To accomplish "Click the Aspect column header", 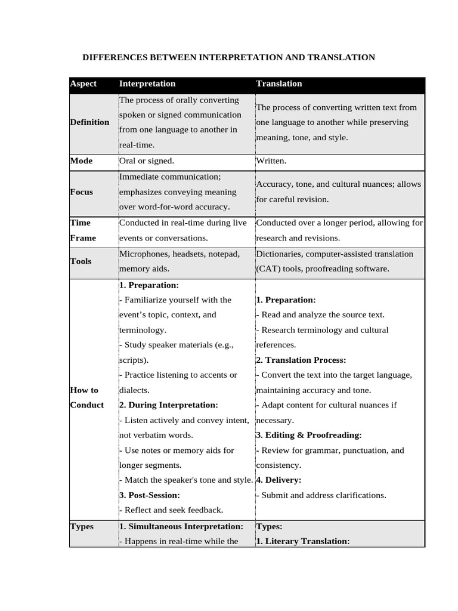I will [83, 84].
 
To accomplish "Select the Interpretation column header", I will [147, 84].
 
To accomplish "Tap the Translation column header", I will [279, 84].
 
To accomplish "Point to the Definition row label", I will [89, 122].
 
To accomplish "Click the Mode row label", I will [81, 161].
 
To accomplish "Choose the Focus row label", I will [82, 192].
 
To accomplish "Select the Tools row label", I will [81, 261].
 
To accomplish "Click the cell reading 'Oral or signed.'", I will [147, 161].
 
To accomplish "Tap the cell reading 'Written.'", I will [271, 161].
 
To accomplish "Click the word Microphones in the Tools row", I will [143, 254].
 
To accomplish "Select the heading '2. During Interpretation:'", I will [169, 405].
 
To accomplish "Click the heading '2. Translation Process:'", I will [301, 360].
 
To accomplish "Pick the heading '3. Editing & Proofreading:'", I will [309, 435].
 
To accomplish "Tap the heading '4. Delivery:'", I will [278, 480].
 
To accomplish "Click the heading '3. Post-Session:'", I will [150, 495].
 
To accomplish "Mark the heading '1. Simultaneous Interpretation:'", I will [181, 527].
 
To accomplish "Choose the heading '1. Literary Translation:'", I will [302, 541].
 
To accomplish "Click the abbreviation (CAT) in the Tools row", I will [268, 269].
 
